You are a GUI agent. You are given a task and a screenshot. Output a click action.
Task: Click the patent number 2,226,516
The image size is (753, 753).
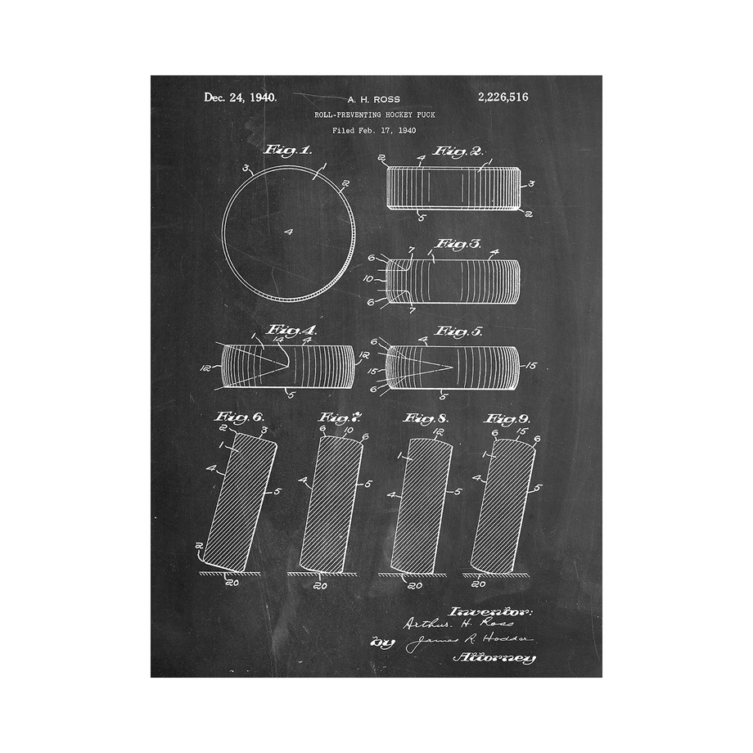point(502,97)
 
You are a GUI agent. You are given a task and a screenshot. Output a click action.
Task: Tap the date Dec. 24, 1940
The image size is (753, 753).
point(240,97)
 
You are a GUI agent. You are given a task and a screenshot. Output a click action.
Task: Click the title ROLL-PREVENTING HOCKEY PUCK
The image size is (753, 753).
point(374,115)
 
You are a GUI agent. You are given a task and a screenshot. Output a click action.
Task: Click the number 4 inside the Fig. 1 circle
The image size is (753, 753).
point(288,232)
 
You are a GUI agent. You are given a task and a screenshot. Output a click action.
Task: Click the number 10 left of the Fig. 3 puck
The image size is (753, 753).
point(368,279)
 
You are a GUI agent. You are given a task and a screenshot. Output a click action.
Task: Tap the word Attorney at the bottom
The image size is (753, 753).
point(494,657)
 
